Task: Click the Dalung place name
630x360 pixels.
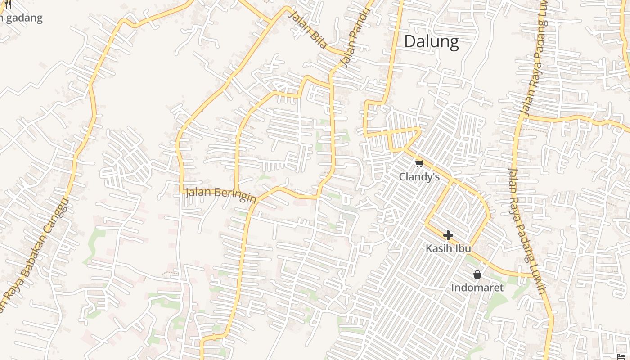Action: pyautogui.click(x=431, y=41)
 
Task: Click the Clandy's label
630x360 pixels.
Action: pyautogui.click(x=419, y=177)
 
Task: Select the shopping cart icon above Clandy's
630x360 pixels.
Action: pyautogui.click(x=419, y=163)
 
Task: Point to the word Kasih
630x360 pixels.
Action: pyautogui.click(x=439, y=248)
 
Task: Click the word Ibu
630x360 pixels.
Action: pyautogui.click(x=463, y=248)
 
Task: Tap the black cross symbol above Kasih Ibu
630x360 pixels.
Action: pyautogui.click(x=448, y=235)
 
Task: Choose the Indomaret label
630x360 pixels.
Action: pyautogui.click(x=477, y=288)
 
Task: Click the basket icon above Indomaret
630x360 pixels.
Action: pyautogui.click(x=477, y=274)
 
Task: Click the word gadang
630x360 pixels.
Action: pyautogui.click(x=25, y=18)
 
